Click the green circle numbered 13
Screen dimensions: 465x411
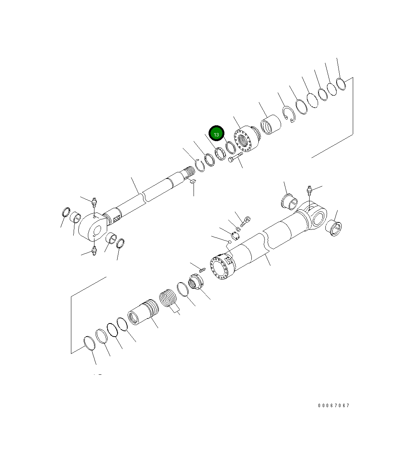(x=216, y=134)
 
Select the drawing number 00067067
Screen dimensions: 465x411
(x=334, y=406)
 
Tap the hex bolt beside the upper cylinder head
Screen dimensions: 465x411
(x=234, y=158)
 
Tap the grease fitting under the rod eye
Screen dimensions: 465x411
(x=94, y=251)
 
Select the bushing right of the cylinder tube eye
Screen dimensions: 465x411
(x=334, y=229)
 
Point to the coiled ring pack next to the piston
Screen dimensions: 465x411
(x=168, y=299)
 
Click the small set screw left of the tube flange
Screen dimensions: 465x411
(x=202, y=269)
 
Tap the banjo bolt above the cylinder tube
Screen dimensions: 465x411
(x=244, y=221)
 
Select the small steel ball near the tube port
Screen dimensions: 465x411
(x=229, y=242)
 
